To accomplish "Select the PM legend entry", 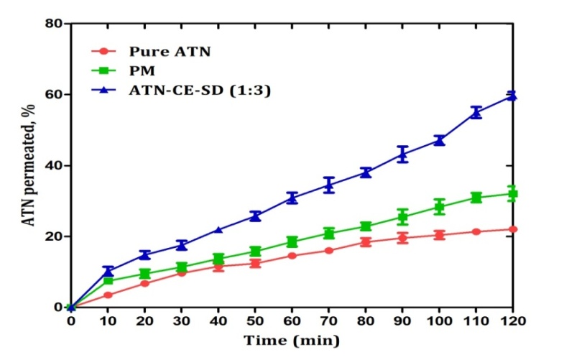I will (x=141, y=70).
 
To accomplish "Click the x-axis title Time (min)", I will (x=292, y=339).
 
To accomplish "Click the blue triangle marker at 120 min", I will (x=512, y=96).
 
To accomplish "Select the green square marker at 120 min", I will (x=512, y=194).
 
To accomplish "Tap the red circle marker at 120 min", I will (x=512, y=229).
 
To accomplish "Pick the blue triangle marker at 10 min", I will (x=108, y=271).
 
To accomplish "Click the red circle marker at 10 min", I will (x=108, y=295).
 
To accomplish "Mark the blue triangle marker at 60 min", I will (x=292, y=198).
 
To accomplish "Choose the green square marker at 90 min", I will (x=402, y=217).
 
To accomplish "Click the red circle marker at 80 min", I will (x=366, y=242).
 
